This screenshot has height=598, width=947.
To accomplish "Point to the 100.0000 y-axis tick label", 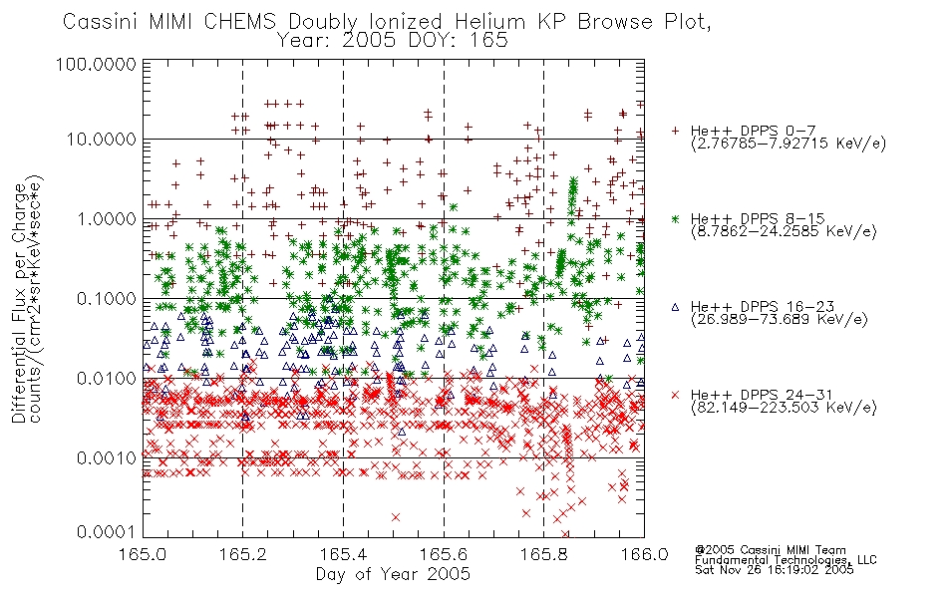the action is [96, 64].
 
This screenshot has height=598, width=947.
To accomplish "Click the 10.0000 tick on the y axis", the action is [102, 140].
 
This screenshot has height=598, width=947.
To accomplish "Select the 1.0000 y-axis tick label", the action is [107, 218].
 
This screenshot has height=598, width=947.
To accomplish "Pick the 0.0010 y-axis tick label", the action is [107, 457].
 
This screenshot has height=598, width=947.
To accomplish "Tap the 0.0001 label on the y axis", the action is [107, 532].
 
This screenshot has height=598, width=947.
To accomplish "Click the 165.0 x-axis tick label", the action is [143, 554].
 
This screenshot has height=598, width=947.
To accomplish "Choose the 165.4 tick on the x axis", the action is [343, 554].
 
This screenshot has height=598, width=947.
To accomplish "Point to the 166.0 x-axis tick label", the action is [644, 554].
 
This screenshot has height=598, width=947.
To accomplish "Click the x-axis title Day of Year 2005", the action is [393, 574].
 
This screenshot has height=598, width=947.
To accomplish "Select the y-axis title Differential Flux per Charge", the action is [19, 303].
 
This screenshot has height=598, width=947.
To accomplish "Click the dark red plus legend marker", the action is [675, 131].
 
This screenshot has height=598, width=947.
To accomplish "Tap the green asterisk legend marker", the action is [675, 218].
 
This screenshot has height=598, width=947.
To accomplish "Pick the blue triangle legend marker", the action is [675, 307].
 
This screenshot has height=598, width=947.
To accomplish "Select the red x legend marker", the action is [675, 395].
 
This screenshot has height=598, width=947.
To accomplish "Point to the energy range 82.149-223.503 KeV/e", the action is [784, 408].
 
